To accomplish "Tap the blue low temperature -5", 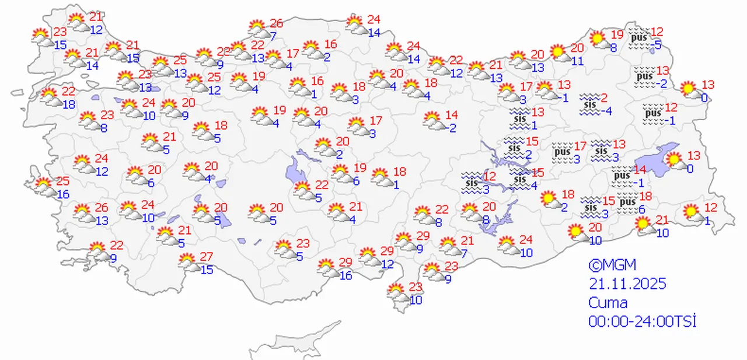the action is [657, 44].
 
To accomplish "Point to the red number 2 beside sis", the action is [606, 97].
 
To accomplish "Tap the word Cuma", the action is [608, 303].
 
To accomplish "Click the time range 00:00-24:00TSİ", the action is [643, 321].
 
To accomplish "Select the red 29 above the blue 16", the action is [345, 262].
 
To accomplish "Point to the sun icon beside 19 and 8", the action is [598, 40].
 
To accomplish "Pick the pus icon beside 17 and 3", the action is [561, 152].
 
